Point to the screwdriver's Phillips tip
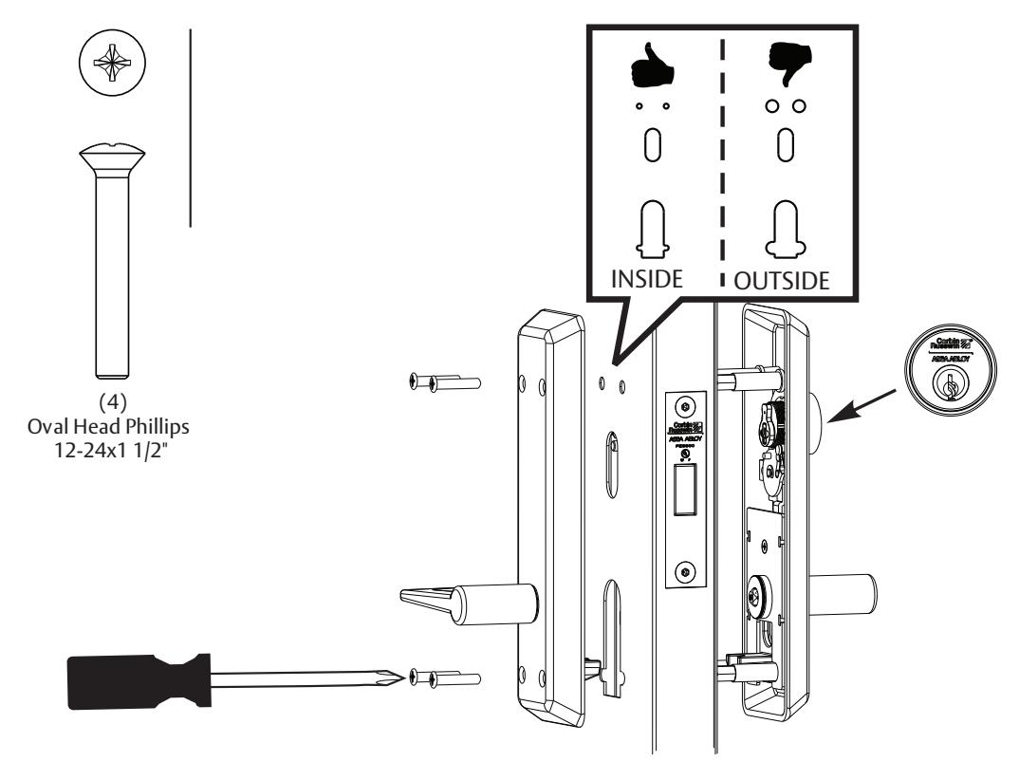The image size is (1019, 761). (398, 677)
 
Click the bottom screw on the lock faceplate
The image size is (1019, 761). (684, 571)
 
